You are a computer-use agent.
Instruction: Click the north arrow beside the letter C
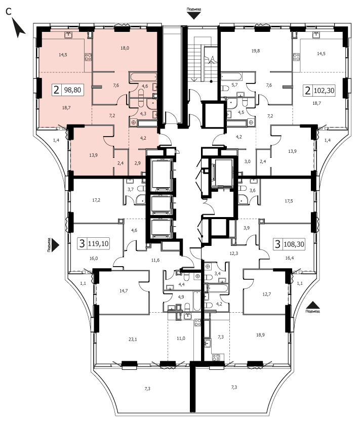click(18, 28)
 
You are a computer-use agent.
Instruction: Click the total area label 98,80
click(72, 90)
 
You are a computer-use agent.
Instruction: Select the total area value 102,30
click(324, 91)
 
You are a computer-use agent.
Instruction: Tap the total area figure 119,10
click(99, 244)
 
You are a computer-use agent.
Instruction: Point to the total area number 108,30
click(294, 244)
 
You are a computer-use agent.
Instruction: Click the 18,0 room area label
click(125, 48)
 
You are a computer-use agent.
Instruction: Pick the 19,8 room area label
click(256, 51)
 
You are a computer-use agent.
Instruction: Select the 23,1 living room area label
click(133, 340)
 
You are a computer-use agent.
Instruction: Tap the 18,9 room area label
click(260, 335)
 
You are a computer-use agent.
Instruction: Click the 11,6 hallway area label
click(155, 260)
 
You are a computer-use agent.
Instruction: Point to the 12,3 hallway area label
click(234, 253)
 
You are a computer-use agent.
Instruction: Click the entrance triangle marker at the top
click(194, 16)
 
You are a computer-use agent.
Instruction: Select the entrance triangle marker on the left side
click(56, 245)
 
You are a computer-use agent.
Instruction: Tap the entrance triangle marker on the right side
click(313, 305)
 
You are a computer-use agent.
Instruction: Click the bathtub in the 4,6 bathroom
click(143, 77)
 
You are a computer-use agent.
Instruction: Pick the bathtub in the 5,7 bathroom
click(231, 76)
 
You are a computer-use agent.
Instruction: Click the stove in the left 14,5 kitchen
click(88, 57)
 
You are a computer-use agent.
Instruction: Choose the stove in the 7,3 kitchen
click(216, 358)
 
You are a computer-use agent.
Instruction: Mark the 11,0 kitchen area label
click(181, 338)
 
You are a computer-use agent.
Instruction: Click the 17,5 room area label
click(289, 201)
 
